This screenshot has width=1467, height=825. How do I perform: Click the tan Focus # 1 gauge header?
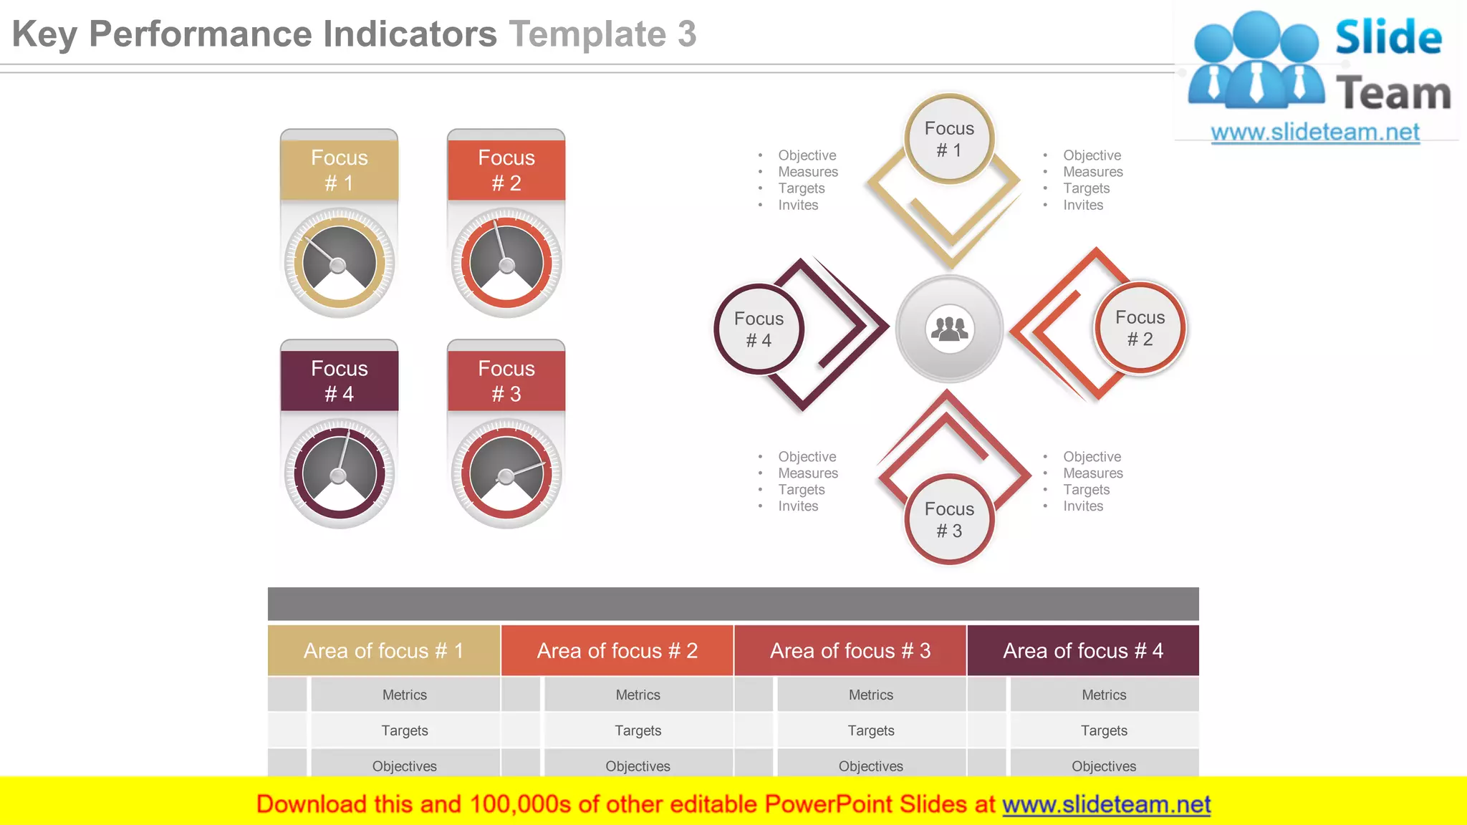click(x=339, y=170)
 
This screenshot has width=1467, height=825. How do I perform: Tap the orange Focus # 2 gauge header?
click(x=506, y=170)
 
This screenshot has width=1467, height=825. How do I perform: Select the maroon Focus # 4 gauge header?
click(x=339, y=380)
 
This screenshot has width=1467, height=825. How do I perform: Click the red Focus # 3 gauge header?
click(x=506, y=380)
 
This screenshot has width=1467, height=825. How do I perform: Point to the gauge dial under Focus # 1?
click(x=339, y=263)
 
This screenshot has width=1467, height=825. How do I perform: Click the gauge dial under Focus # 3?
click(x=506, y=473)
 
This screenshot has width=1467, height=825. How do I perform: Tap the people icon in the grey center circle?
click(x=949, y=329)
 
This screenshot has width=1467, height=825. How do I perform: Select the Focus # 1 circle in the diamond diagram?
click(x=949, y=139)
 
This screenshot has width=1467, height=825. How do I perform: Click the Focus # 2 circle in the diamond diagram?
click(x=1140, y=328)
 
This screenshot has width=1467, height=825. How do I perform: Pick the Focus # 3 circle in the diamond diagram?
click(x=949, y=519)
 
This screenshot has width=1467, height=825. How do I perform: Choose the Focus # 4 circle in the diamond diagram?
click(x=759, y=329)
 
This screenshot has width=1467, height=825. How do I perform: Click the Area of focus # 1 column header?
click(x=384, y=650)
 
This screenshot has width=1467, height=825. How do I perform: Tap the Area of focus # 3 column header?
click(x=850, y=650)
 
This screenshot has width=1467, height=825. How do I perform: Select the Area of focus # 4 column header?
click(x=1083, y=650)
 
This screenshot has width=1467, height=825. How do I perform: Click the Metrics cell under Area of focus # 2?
click(x=638, y=695)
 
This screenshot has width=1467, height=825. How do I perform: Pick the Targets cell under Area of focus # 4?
click(x=1104, y=730)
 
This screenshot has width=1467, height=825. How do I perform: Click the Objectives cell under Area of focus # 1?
click(x=405, y=766)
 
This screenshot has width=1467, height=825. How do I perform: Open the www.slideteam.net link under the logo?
click(x=1315, y=132)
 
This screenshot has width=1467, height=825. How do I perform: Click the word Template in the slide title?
click(x=587, y=34)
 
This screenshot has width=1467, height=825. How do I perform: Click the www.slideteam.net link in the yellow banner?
click(x=1106, y=804)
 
